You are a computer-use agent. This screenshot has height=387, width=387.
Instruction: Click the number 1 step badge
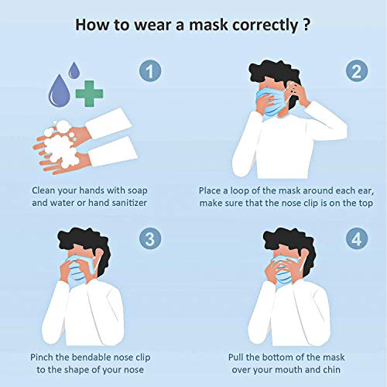(x=150, y=70)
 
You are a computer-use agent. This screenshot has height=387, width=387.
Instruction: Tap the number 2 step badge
(x=357, y=70)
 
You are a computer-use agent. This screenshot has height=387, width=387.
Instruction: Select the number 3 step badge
(x=150, y=238)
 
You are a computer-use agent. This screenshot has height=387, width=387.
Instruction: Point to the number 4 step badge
(x=357, y=238)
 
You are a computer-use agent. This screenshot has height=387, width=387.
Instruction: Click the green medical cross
(x=89, y=94)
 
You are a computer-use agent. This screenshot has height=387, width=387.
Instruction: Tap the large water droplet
(x=59, y=91)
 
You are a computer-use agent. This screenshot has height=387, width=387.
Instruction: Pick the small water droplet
(x=74, y=70)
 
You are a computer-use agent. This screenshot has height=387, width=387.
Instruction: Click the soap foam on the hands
(x=60, y=145)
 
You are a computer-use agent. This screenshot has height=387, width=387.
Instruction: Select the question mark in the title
(x=306, y=25)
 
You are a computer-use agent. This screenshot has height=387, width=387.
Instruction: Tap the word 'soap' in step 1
(x=138, y=191)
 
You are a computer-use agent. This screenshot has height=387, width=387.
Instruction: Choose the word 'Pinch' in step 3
(x=42, y=358)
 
